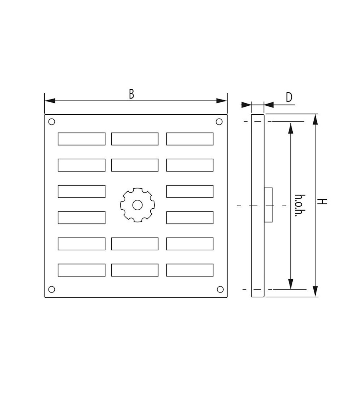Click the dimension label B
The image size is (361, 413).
(131, 94)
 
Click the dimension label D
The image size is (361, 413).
(289, 98)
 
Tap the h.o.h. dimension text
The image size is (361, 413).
(298, 206)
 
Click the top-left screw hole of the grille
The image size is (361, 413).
(52, 122)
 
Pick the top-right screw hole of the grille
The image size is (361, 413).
(219, 122)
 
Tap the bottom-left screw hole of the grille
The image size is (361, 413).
(52, 289)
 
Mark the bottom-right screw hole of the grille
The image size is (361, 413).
(220, 289)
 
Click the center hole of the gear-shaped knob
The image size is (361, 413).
(137, 205)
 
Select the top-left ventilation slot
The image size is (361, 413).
(81, 139)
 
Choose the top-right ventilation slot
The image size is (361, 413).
(190, 139)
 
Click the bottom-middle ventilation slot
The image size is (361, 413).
(135, 270)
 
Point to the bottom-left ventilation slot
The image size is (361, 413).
(81, 270)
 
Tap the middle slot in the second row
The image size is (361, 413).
(135, 165)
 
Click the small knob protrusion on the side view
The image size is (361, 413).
(268, 205)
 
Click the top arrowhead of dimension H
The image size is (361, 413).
(315, 119)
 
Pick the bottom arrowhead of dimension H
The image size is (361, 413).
(315, 291)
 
